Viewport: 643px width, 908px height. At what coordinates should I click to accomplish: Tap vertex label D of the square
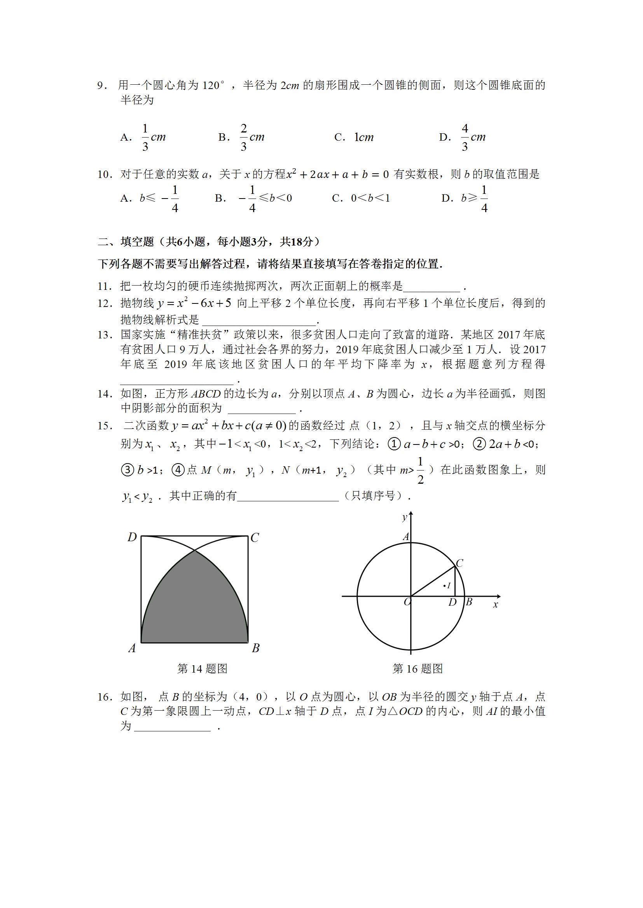click(132, 537)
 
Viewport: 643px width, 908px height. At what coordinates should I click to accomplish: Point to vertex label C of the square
click(255, 538)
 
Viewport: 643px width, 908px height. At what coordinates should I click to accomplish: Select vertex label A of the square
click(132, 648)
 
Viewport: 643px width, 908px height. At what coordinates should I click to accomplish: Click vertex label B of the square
click(255, 648)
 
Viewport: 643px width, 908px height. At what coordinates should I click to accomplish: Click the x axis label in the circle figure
click(495, 605)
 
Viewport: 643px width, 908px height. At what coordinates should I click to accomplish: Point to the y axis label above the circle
click(404, 517)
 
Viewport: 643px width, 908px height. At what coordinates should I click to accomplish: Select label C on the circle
click(459, 563)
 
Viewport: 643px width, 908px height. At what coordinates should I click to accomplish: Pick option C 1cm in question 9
click(355, 137)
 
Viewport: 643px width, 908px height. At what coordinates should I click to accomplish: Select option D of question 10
click(465, 198)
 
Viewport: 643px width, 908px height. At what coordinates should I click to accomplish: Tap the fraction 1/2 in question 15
click(420, 471)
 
